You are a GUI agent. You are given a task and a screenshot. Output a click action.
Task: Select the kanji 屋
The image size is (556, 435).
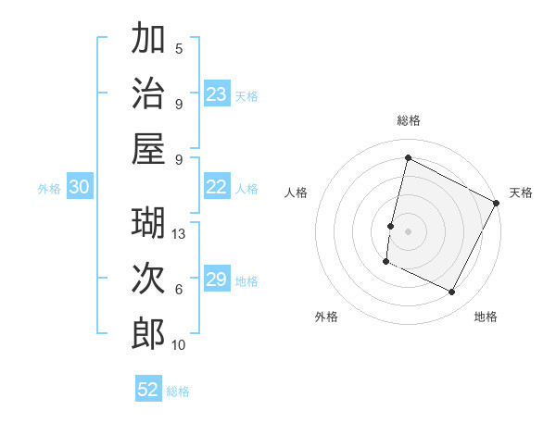click(x=148, y=149)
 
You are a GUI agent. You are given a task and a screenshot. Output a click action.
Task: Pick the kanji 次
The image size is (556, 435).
click(x=148, y=279)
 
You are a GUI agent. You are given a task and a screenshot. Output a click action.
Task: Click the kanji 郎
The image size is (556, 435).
click(x=148, y=334)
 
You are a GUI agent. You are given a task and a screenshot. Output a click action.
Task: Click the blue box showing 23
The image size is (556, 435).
click(x=217, y=94)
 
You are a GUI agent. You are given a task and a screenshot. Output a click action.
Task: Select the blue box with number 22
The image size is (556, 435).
click(x=217, y=187)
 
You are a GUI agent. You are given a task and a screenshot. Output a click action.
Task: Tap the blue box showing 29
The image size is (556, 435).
click(x=217, y=280)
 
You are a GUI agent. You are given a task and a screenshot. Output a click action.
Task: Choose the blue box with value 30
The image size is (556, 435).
click(x=79, y=187)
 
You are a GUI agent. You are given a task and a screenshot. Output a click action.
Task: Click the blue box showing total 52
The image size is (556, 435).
click(x=148, y=390)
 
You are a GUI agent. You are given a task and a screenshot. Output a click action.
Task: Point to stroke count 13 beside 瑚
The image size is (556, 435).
click(x=180, y=234)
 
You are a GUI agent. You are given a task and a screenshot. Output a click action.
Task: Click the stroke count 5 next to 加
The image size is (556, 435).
click(x=179, y=48)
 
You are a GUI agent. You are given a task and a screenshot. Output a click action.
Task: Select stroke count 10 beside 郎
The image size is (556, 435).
click(x=180, y=345)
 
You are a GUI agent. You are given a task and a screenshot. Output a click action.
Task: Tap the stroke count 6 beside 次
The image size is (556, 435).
click(x=179, y=290)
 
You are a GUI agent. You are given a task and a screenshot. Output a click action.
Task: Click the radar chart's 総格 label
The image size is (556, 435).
click(x=408, y=120)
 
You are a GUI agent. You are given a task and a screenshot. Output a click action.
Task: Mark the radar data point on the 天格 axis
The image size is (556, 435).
click(x=497, y=203)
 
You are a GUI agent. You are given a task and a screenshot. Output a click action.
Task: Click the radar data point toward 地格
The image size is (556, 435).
click(x=452, y=292)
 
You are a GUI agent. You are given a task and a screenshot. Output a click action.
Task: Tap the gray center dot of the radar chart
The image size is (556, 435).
click(x=408, y=231)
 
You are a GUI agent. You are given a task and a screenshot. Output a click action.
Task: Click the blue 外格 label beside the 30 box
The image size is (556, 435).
click(x=49, y=189)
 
